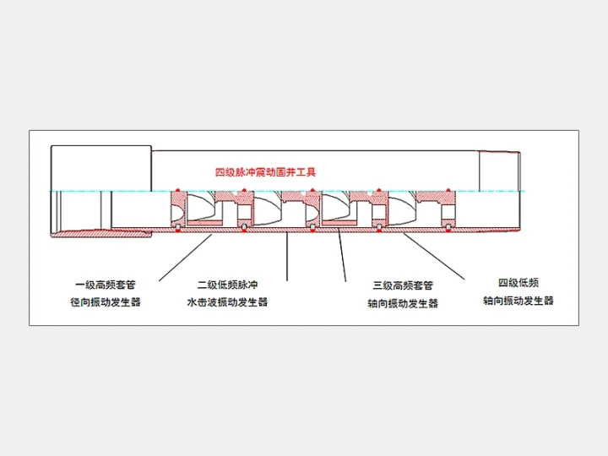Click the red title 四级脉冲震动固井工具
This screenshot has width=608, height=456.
266,171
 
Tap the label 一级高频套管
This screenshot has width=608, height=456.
105,285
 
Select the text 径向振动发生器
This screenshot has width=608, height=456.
105,302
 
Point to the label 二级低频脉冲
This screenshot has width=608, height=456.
227,285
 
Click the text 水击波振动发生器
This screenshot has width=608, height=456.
227,302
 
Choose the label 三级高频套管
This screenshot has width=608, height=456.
403,285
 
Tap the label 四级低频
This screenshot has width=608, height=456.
518,283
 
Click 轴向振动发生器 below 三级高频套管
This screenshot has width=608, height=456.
403,303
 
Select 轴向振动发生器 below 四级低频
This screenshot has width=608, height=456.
518,301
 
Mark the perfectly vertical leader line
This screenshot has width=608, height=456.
287,257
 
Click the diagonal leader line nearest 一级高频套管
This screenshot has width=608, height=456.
185,258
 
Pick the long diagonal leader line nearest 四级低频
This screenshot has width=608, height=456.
434,257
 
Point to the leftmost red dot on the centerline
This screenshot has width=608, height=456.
177,190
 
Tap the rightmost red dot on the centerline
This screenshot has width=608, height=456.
448,190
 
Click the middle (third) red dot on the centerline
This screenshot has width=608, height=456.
312,190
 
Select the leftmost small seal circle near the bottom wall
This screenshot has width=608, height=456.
177,227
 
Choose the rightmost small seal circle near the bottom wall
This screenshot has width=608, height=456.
448,227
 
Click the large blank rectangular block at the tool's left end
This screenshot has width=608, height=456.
101,168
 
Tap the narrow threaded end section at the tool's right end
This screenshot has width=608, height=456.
500,171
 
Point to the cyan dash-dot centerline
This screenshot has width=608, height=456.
287,191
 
